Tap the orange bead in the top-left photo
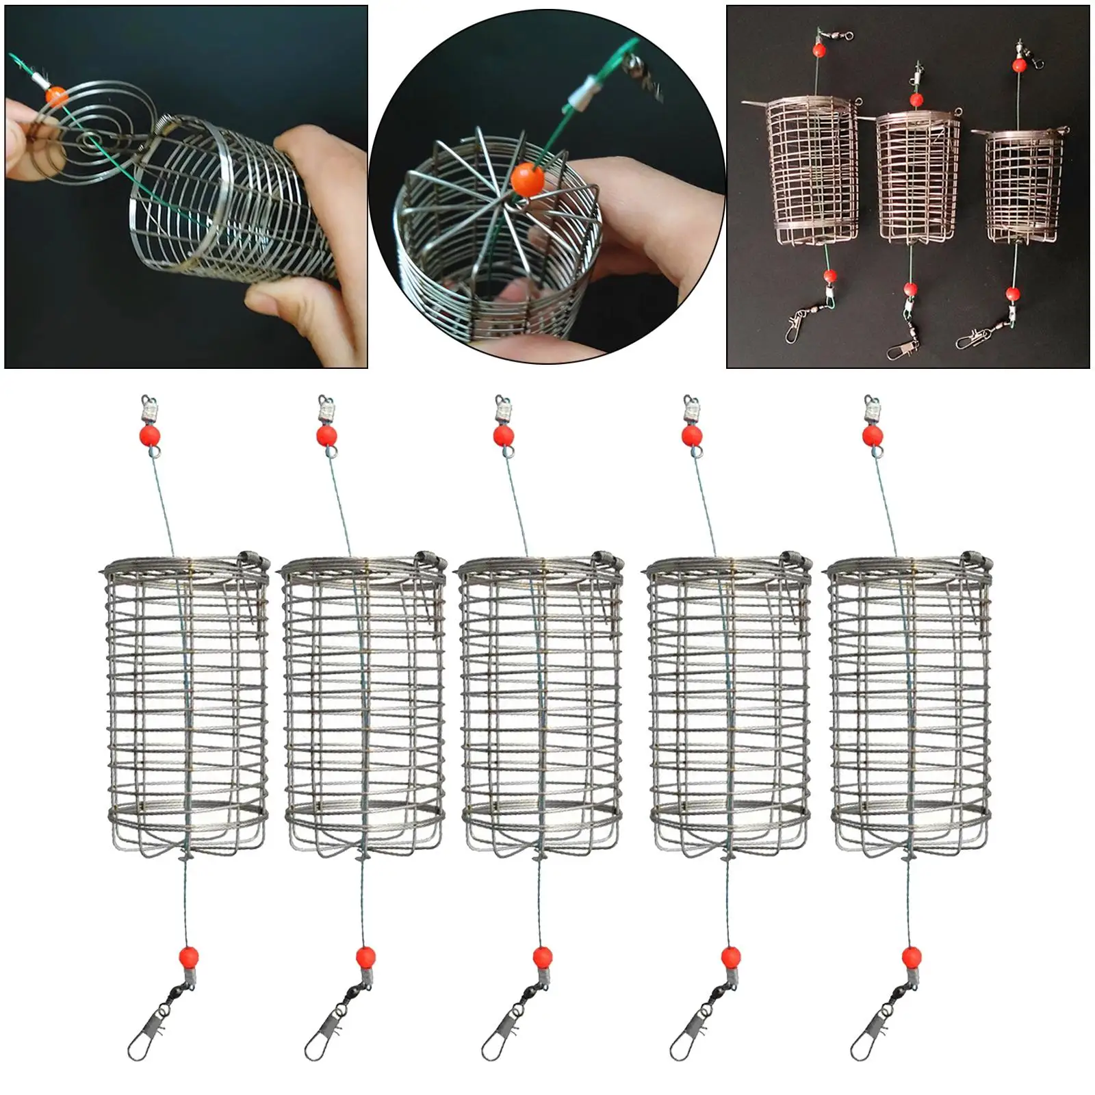pos(56,96)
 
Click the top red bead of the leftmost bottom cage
pos(150,435)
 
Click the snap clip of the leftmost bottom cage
pos(139,1044)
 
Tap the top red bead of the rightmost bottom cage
pos(873,435)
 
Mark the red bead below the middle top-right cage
pos(910,288)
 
